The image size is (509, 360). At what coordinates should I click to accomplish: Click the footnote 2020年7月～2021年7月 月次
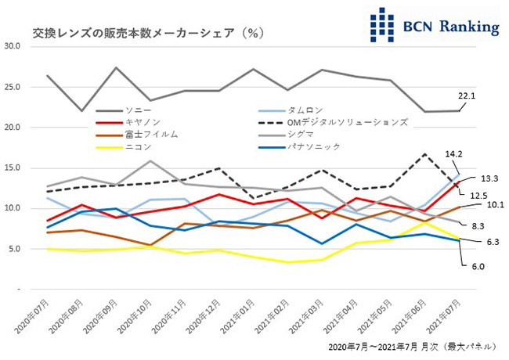point(383,345)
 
